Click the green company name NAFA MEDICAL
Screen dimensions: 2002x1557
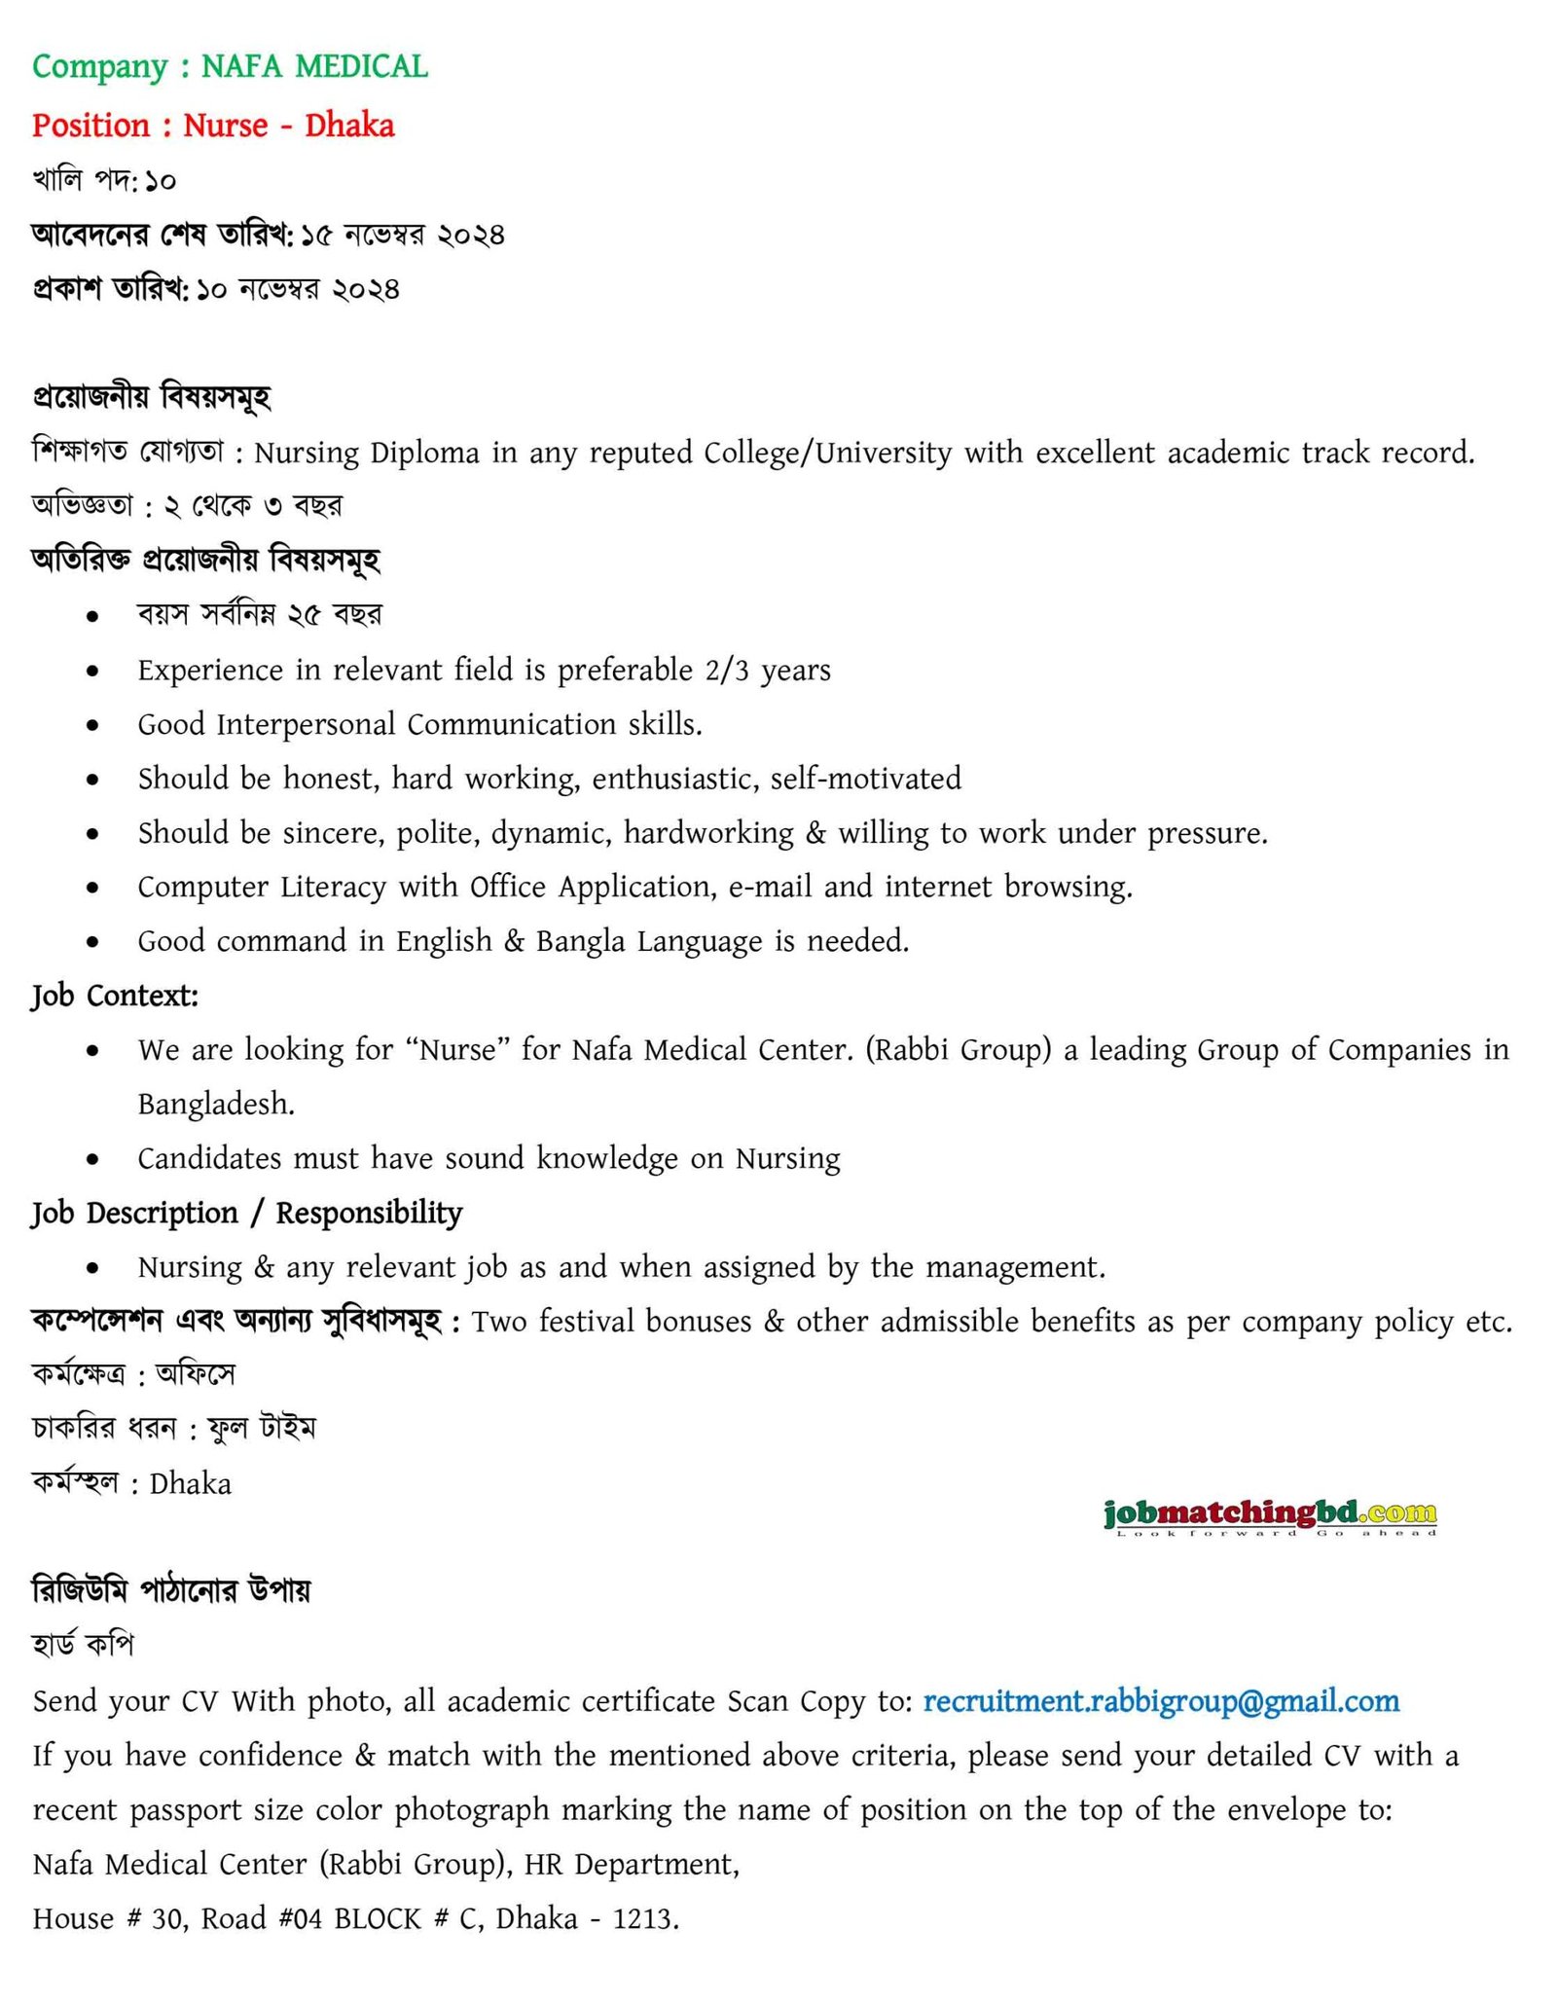tap(313, 66)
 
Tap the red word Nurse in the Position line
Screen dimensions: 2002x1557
tap(225, 126)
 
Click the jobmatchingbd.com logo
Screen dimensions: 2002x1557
tap(1270, 1515)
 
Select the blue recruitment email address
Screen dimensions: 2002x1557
tap(1161, 1701)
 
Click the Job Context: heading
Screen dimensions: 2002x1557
tap(115, 996)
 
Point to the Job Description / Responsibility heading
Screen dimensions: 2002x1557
tap(247, 1213)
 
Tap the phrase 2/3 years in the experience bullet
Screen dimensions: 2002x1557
tap(768, 671)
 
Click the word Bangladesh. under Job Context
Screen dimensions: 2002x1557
tap(216, 1104)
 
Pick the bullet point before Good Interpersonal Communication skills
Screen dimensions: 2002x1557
tap(92, 725)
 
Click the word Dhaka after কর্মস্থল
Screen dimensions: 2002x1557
tap(191, 1484)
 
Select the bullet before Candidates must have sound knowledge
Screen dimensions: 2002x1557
tap(92, 1159)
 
